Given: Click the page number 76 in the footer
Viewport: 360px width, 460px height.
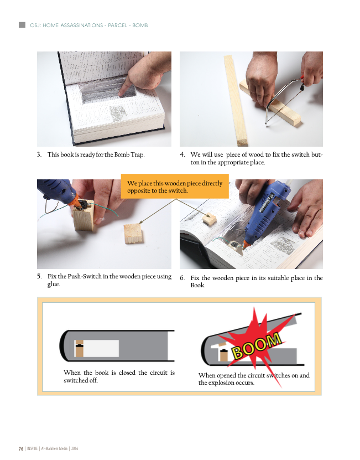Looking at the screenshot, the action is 21,448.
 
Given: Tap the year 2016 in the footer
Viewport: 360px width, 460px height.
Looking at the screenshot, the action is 75,448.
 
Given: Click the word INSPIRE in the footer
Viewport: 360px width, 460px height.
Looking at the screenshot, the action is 32,448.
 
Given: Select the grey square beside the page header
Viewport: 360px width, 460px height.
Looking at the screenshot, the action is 22,25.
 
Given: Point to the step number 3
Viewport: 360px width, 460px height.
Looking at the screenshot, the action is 39,154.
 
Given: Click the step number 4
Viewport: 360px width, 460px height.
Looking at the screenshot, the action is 182,154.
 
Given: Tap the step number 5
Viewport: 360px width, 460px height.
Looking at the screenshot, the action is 39,276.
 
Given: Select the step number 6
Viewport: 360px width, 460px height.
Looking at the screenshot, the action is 182,277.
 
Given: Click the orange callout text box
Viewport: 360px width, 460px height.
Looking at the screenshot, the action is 175,187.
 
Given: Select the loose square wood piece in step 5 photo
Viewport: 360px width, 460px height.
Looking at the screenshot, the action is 133,234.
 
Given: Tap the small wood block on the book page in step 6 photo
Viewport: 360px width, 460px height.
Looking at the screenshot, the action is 210,219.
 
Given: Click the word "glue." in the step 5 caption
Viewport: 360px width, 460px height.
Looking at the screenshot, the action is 54,284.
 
